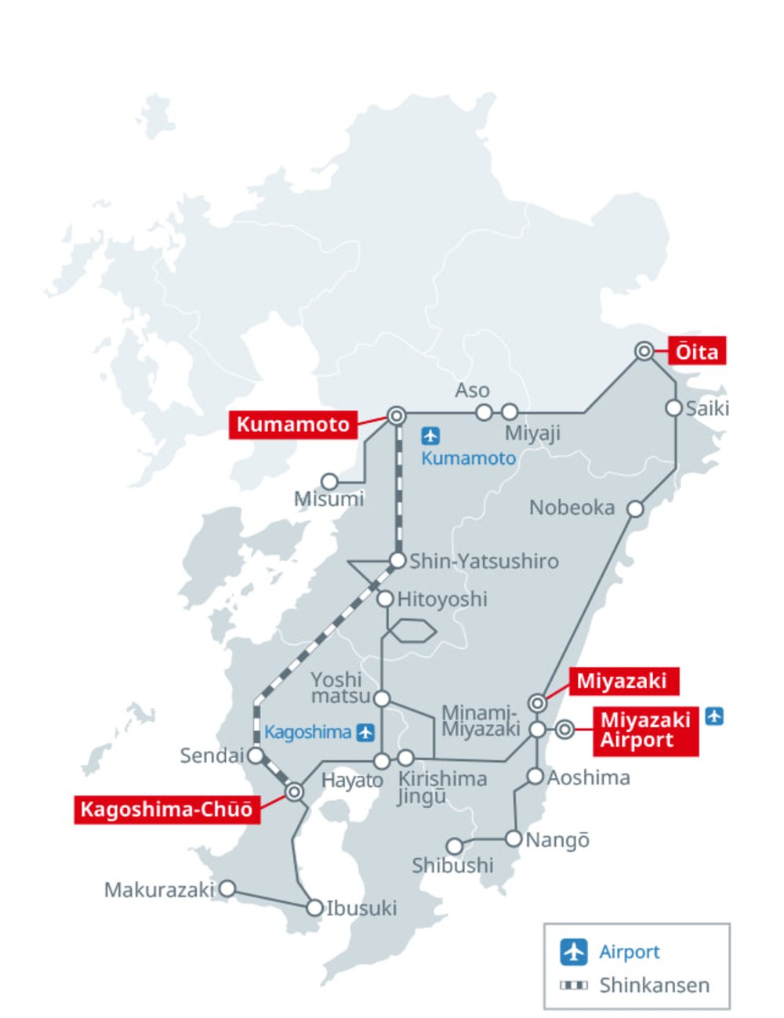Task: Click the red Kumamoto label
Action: pyautogui.click(x=292, y=424)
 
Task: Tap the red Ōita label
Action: pyautogui.click(x=696, y=351)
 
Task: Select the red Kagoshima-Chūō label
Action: pyautogui.click(x=166, y=809)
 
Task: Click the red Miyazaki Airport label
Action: pyautogui.click(x=645, y=730)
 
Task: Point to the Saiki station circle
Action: pyautogui.click(x=673, y=408)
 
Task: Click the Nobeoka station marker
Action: pyautogui.click(x=635, y=509)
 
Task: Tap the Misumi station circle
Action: pyautogui.click(x=330, y=481)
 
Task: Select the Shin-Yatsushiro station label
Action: pyautogui.click(x=484, y=561)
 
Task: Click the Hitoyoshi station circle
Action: pyautogui.click(x=385, y=600)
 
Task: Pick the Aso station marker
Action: pyautogui.click(x=485, y=412)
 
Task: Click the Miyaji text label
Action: pyautogui.click(x=532, y=433)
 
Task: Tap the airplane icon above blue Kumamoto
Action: pyautogui.click(x=430, y=436)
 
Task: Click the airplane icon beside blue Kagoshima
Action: pyautogui.click(x=365, y=733)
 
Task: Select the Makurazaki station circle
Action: pyautogui.click(x=227, y=889)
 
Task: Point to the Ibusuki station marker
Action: pyautogui.click(x=314, y=908)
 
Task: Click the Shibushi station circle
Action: pyautogui.click(x=455, y=846)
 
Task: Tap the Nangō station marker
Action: pyautogui.click(x=514, y=839)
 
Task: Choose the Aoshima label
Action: pyautogui.click(x=588, y=777)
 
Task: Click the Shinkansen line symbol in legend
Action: pyautogui.click(x=574, y=985)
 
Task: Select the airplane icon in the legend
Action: pyautogui.click(x=574, y=951)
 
